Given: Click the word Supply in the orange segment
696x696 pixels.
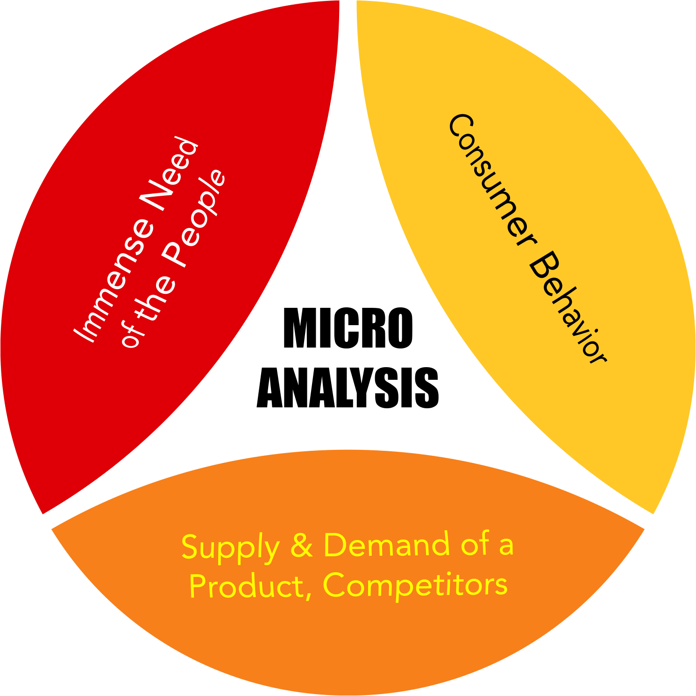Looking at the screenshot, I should [x=230, y=547].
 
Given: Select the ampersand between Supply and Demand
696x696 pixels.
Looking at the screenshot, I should [x=301, y=546].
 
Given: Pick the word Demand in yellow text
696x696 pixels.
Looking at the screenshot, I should [x=386, y=545].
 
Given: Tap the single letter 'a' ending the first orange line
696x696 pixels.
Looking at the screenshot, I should [x=506, y=546].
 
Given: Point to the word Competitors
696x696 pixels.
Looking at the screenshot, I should [x=415, y=585].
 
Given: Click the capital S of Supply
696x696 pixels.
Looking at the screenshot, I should [x=191, y=547].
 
